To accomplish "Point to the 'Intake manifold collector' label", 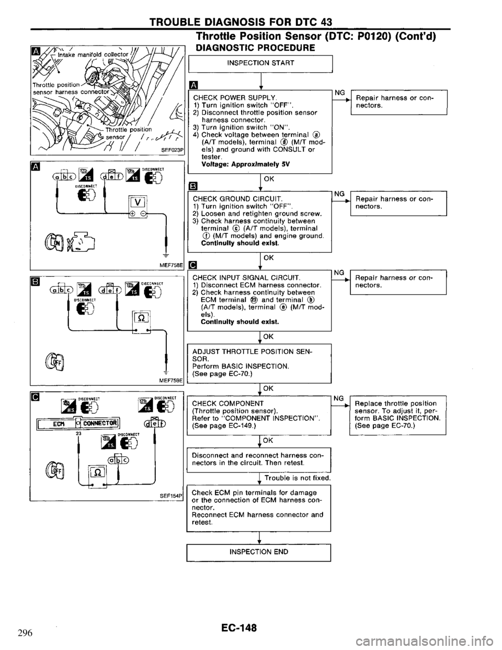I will (93, 52).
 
